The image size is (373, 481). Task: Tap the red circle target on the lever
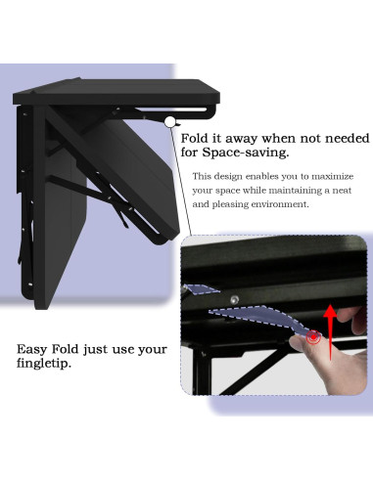(x=314, y=337)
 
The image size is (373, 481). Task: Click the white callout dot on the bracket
(x=170, y=122)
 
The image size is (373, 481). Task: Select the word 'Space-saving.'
(x=245, y=153)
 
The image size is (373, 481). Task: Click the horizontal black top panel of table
(x=117, y=96)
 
